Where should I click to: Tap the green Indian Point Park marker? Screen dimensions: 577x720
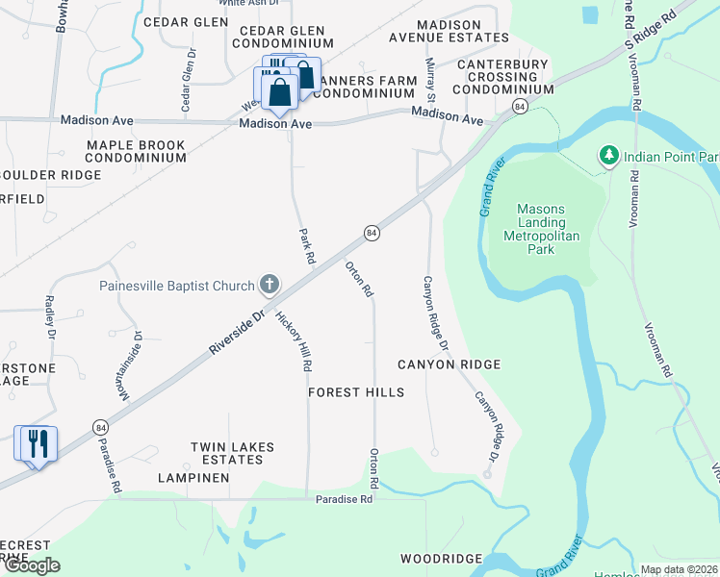point(607,156)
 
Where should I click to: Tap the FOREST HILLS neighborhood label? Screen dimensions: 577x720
point(356,392)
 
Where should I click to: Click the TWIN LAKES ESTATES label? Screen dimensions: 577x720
point(232,453)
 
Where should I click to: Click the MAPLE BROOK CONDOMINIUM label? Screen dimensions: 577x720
point(136,151)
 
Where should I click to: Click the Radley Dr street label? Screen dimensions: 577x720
point(50,316)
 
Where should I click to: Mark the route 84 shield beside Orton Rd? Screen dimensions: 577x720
point(372,233)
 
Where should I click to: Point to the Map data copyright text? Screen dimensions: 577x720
point(679,569)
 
